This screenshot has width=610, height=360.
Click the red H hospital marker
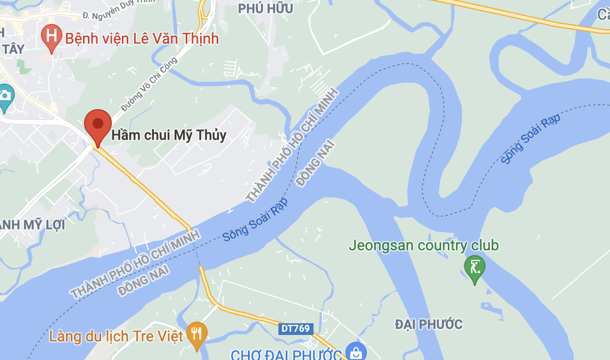(52, 37)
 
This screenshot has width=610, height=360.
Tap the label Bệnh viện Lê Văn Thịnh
(142, 38)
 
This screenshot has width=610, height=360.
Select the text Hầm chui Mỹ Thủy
(169, 135)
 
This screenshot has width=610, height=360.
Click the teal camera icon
(5, 96)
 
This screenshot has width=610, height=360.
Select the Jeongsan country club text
(424, 246)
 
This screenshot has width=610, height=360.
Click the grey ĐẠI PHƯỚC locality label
(428, 324)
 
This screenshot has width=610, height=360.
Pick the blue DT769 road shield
(295, 329)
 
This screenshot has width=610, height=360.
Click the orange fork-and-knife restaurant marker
(197, 334)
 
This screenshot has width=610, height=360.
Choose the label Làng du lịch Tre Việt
(116, 337)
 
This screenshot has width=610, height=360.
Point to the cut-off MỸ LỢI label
(32, 225)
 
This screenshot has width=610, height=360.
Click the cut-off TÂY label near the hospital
(13, 50)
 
